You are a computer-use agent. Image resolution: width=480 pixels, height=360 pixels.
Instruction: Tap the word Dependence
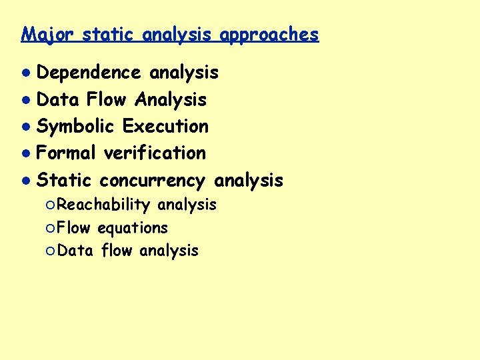(x=89, y=72)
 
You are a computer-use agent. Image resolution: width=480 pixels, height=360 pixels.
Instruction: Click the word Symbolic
(x=77, y=126)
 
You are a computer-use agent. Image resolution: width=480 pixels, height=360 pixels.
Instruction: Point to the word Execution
(x=165, y=126)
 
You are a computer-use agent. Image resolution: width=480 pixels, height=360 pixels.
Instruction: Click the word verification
(x=155, y=153)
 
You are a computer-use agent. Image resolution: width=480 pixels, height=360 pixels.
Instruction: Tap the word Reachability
(x=103, y=205)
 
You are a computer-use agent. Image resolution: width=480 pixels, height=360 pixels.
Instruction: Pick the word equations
(x=133, y=228)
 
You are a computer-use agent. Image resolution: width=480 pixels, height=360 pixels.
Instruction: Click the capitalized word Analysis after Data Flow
(x=171, y=99)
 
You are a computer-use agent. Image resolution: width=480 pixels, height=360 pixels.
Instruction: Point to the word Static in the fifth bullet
(x=65, y=180)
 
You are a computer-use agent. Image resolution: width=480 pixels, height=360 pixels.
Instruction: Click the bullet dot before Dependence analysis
(x=25, y=73)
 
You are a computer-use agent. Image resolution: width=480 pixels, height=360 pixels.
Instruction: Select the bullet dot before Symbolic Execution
(x=25, y=127)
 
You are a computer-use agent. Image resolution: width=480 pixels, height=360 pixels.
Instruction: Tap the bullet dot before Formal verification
(x=25, y=153)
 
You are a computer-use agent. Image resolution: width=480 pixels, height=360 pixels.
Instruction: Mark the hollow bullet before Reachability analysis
(x=51, y=205)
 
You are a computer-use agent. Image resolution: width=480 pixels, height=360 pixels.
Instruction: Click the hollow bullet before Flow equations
(x=51, y=228)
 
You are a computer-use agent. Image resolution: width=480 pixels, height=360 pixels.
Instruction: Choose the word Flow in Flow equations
(x=74, y=228)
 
